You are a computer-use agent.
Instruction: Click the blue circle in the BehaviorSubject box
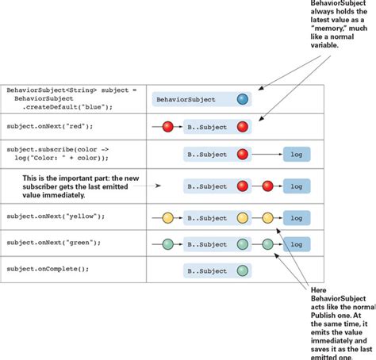243,99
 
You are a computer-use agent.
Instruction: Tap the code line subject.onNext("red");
50,126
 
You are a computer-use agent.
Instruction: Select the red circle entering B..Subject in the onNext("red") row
168,127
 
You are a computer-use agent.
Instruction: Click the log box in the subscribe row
297,155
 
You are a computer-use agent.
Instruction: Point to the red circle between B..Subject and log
267,186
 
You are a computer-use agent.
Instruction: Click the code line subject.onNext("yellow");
56,216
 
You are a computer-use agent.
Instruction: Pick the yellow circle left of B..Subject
168,218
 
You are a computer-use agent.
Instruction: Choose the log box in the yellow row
297,218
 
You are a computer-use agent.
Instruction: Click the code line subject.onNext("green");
54,243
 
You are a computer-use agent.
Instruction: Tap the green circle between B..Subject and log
267,244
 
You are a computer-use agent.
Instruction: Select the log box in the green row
297,244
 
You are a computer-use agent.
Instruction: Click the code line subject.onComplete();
48,269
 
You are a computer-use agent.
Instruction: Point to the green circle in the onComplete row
243,270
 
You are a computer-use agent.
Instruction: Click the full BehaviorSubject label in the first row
186,100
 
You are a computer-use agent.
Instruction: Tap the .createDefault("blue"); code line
67,107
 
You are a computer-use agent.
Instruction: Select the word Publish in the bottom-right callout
324,316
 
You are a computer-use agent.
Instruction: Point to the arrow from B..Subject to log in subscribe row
267,155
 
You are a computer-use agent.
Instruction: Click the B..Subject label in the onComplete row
207,271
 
